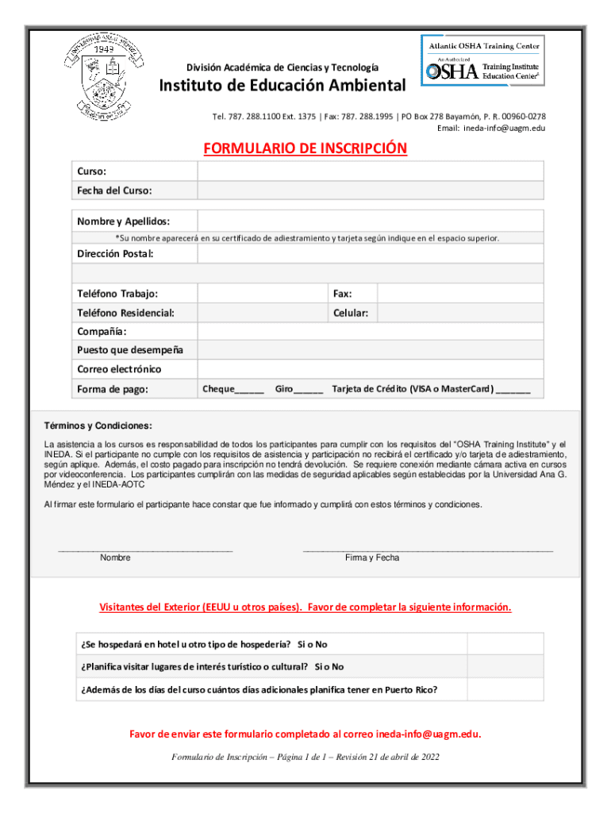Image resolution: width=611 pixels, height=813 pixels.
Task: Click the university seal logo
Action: (x=106, y=77)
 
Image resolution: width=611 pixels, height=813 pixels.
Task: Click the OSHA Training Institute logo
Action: (x=482, y=60)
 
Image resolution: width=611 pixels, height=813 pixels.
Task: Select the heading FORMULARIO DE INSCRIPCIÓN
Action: (x=305, y=148)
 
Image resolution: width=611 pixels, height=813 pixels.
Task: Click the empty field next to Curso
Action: (x=370, y=171)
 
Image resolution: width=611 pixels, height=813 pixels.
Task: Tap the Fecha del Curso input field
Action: (x=370, y=191)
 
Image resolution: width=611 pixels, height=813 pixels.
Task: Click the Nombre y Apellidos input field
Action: (x=370, y=221)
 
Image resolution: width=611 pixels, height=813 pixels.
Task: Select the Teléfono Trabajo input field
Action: (x=263, y=294)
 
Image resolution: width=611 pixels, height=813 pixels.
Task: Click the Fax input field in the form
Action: (x=460, y=294)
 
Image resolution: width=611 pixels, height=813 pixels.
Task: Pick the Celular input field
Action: (x=460, y=314)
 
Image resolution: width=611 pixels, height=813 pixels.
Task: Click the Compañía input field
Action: (x=370, y=331)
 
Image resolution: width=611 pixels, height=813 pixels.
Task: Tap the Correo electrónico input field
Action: (x=370, y=369)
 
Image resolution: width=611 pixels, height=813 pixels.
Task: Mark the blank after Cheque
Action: (x=250, y=390)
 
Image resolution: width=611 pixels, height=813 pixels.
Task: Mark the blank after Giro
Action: (x=309, y=390)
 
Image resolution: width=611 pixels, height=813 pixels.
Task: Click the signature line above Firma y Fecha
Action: (x=428, y=549)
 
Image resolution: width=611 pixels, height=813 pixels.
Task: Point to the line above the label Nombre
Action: (x=145, y=549)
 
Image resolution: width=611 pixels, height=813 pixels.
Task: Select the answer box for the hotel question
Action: (x=505, y=644)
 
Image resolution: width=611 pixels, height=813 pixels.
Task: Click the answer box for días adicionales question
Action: (x=505, y=690)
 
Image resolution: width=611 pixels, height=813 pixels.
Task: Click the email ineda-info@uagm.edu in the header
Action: (x=504, y=128)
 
